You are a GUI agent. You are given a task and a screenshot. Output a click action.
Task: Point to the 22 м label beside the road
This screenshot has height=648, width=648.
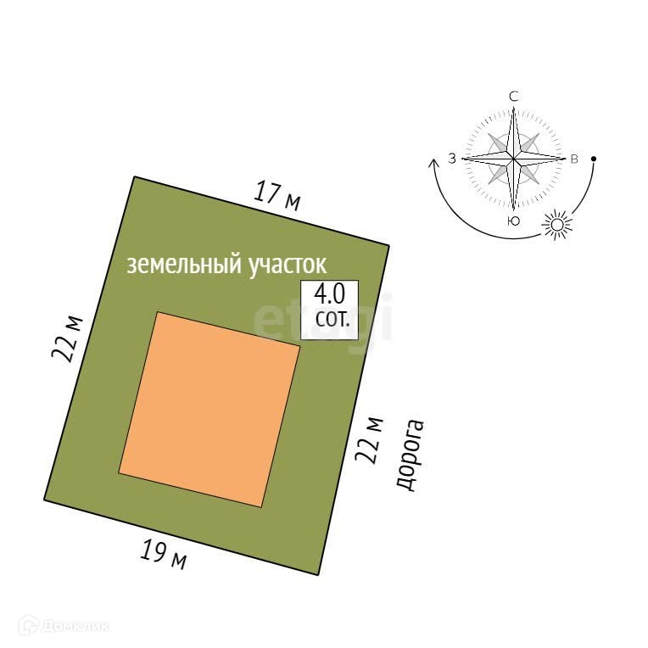tap(370, 439)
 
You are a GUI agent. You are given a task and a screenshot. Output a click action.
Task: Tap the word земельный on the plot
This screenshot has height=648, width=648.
tap(183, 265)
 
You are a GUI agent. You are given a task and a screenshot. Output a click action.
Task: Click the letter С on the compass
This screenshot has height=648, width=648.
tap(513, 97)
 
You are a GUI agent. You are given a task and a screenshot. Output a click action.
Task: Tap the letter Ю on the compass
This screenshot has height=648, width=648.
tap(513, 221)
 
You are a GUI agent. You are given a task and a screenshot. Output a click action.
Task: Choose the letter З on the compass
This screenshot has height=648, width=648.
tap(452, 159)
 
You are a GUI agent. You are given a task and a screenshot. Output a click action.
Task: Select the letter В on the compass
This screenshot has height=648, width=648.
tap(574, 159)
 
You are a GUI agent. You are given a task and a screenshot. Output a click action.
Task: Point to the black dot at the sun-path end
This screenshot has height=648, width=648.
tap(594, 159)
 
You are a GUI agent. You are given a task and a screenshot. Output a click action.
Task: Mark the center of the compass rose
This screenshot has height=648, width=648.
tap(513, 159)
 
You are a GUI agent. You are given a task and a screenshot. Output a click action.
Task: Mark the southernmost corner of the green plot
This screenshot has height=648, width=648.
tap(318, 574)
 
